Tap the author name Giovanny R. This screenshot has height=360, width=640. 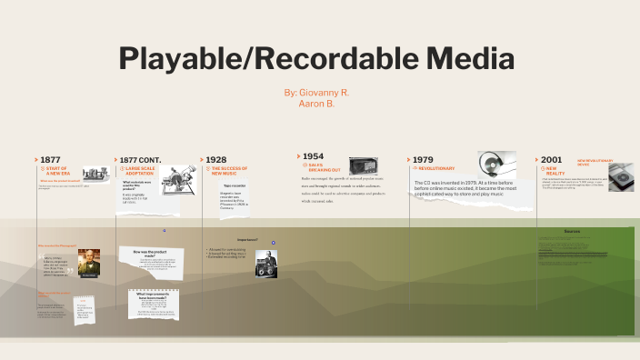click(x=316, y=93)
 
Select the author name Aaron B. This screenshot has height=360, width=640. click(x=316, y=104)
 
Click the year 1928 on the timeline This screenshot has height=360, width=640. click(x=216, y=159)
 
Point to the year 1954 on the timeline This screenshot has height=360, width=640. click(x=312, y=156)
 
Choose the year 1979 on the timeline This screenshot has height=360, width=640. click(x=423, y=159)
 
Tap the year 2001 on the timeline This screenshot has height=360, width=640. click(x=551, y=159)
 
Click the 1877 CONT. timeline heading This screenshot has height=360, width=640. click(x=139, y=159)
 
